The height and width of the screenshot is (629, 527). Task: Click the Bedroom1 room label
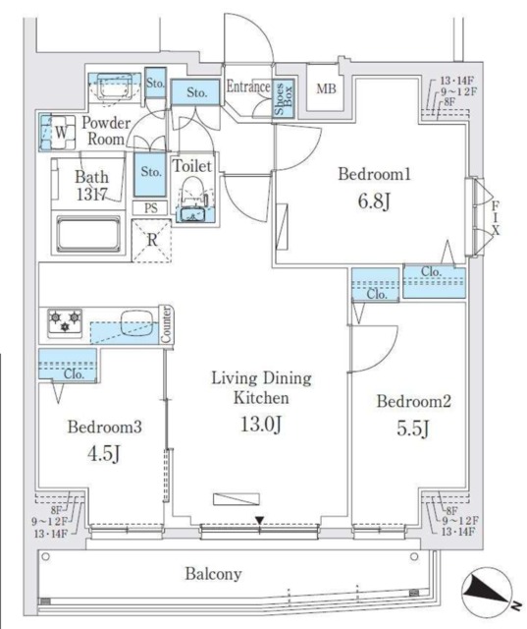[x=373, y=174]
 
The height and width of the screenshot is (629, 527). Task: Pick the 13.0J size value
[x=259, y=425]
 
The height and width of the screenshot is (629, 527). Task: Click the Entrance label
[x=247, y=86]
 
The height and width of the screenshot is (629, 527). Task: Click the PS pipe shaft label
[x=149, y=208]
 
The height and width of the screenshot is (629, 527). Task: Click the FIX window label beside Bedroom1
[x=496, y=213]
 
